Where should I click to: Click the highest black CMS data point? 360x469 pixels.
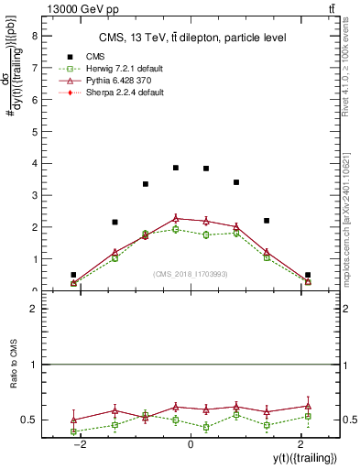coord(176,168)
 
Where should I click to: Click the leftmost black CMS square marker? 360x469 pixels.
coord(73,275)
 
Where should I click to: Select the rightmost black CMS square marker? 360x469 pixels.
coord(308,275)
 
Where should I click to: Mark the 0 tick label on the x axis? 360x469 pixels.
coord(190,443)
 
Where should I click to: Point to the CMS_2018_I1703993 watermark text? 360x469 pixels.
coord(190,274)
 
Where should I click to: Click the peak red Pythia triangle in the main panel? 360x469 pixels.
coord(176,218)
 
